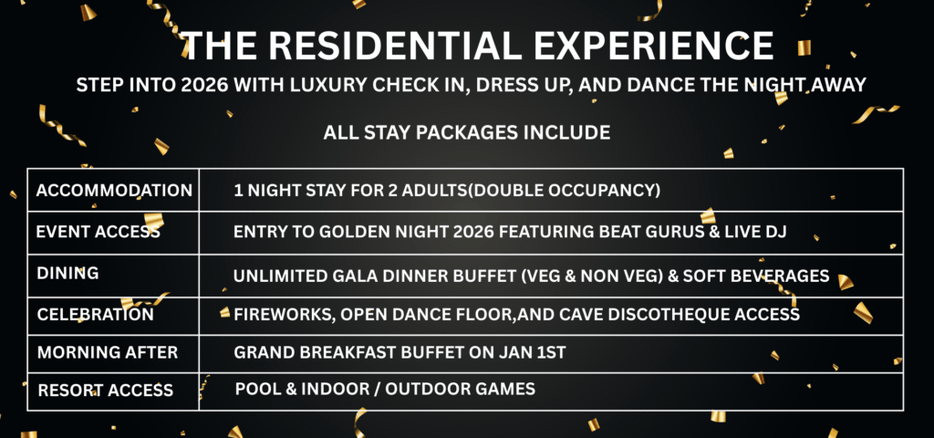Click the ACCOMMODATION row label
coord(114,191)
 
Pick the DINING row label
coord(67,274)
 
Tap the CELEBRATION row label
coord(95,314)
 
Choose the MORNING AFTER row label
coord(108,352)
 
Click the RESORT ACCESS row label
coord(106,391)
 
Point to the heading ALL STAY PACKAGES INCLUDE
coord(467,132)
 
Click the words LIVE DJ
coord(765,232)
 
